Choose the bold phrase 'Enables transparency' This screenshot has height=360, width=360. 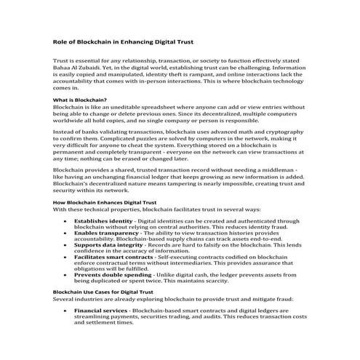tap(106, 233)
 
